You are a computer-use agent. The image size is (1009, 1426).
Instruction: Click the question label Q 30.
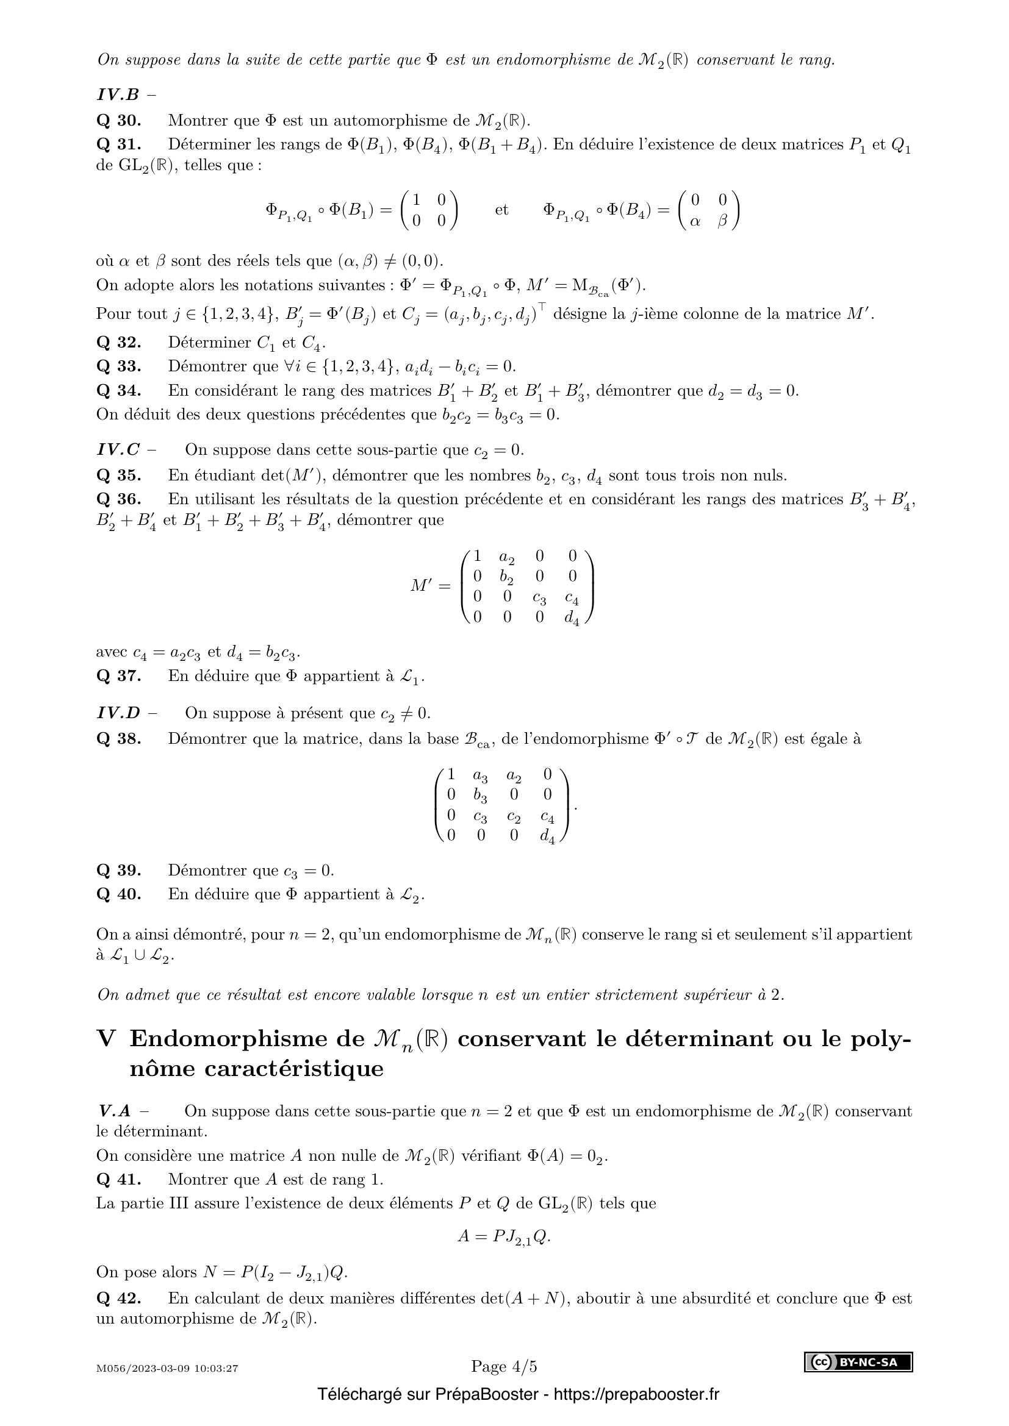(x=119, y=121)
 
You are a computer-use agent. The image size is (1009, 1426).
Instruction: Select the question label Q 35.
(x=119, y=475)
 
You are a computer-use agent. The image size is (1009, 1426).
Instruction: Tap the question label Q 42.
(x=119, y=1298)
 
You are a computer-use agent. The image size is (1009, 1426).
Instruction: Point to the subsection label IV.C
(x=119, y=450)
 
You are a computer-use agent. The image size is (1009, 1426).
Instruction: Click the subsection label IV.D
(x=119, y=713)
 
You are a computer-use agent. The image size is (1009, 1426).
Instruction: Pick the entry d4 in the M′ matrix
(x=572, y=619)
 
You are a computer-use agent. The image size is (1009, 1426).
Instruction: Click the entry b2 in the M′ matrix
(x=507, y=577)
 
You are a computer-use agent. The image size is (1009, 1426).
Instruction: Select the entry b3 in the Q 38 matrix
(x=479, y=796)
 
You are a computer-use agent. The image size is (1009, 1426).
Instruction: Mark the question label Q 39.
(x=119, y=870)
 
